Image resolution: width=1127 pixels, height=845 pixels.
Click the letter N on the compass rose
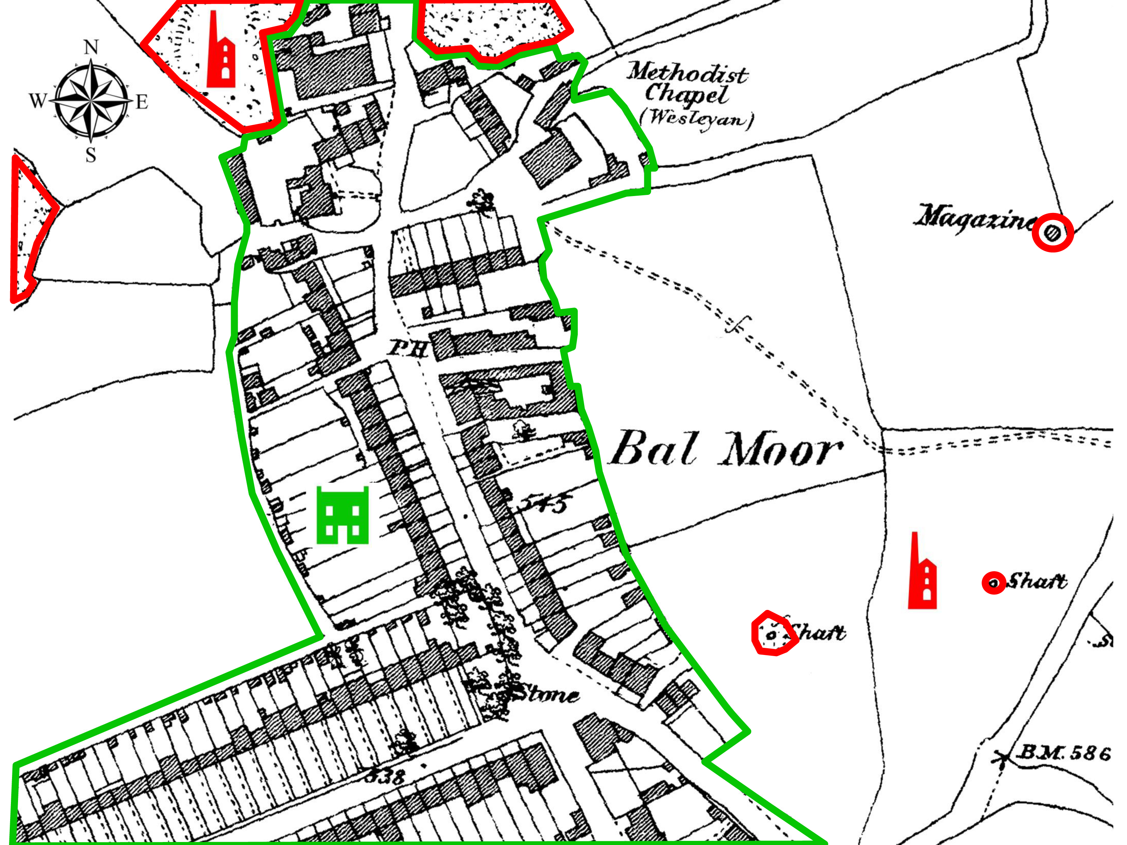[91, 47]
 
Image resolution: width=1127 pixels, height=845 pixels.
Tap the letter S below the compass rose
[91, 154]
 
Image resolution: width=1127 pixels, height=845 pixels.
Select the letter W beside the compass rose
[38, 101]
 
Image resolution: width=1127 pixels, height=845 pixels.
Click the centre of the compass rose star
[91, 100]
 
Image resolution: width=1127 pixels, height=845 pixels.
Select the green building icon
[342, 515]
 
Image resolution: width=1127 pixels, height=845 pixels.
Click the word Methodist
[687, 73]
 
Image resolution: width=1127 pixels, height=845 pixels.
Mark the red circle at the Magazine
[1053, 233]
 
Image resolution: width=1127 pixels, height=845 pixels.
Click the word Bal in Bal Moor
[654, 448]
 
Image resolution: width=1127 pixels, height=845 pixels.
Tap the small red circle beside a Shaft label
[994, 583]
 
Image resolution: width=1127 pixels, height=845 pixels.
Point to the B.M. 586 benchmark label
[1063, 753]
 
